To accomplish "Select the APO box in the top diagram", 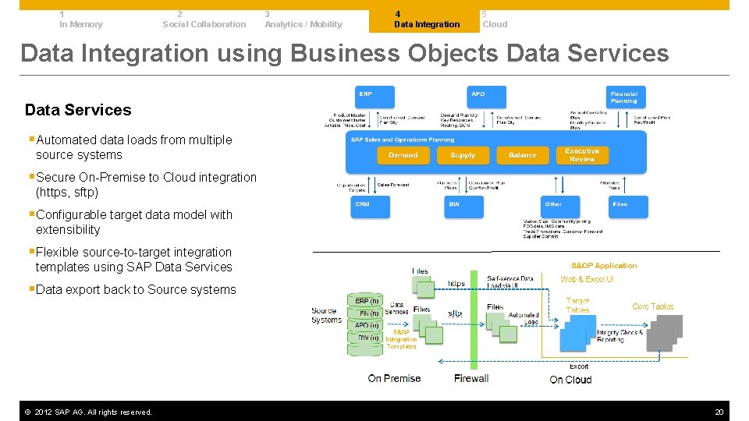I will [x=487, y=97].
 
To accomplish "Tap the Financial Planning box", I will [x=627, y=97].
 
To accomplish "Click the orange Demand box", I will [x=403, y=155].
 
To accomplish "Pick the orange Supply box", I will [x=463, y=155].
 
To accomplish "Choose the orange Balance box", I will [x=522, y=155].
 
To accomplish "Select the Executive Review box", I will [x=582, y=154].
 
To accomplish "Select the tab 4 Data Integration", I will [x=427, y=19].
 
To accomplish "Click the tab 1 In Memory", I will [x=80, y=19].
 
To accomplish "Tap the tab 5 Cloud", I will [x=495, y=19].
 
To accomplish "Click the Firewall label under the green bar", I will [x=471, y=379].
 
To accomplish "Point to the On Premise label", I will [x=394, y=379].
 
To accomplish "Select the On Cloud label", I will [x=570, y=380].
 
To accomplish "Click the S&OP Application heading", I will [x=603, y=266].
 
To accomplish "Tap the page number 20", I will [x=719, y=412].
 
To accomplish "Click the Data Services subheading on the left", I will [x=78, y=110].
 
